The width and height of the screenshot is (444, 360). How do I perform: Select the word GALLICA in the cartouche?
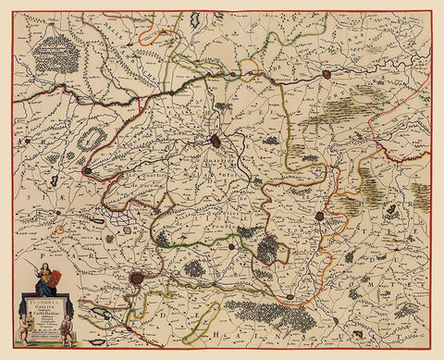[x=41, y=306]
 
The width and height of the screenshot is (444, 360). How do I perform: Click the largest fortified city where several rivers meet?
[x=215, y=141]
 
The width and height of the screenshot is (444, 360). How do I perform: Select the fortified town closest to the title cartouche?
[x=136, y=277]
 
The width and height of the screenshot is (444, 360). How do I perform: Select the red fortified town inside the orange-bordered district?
[x=319, y=216]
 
